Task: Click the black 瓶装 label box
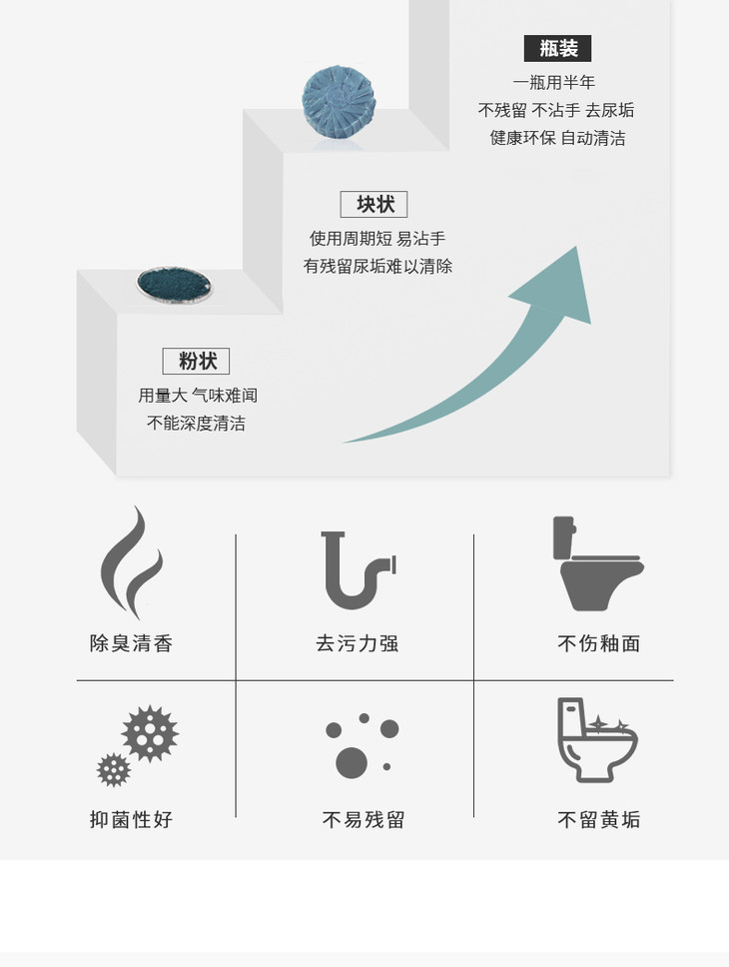pyautogui.click(x=557, y=48)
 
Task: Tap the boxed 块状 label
pyautogui.click(x=373, y=205)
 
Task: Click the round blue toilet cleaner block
pyautogui.click(x=337, y=101)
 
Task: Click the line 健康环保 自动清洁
pyautogui.click(x=557, y=138)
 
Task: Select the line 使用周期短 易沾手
pyautogui.click(x=377, y=239)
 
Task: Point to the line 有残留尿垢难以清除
pyautogui.click(x=377, y=266)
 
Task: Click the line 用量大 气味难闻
pyautogui.click(x=198, y=396)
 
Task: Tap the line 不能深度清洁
pyautogui.click(x=196, y=424)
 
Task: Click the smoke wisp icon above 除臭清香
pyautogui.click(x=130, y=562)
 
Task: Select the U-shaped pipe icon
pyautogui.click(x=356, y=569)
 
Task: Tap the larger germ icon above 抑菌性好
pyautogui.click(x=150, y=733)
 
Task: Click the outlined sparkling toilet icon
pyautogui.click(x=595, y=740)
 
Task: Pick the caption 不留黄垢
pyautogui.click(x=598, y=820)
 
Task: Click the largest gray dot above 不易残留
pyautogui.click(x=351, y=762)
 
